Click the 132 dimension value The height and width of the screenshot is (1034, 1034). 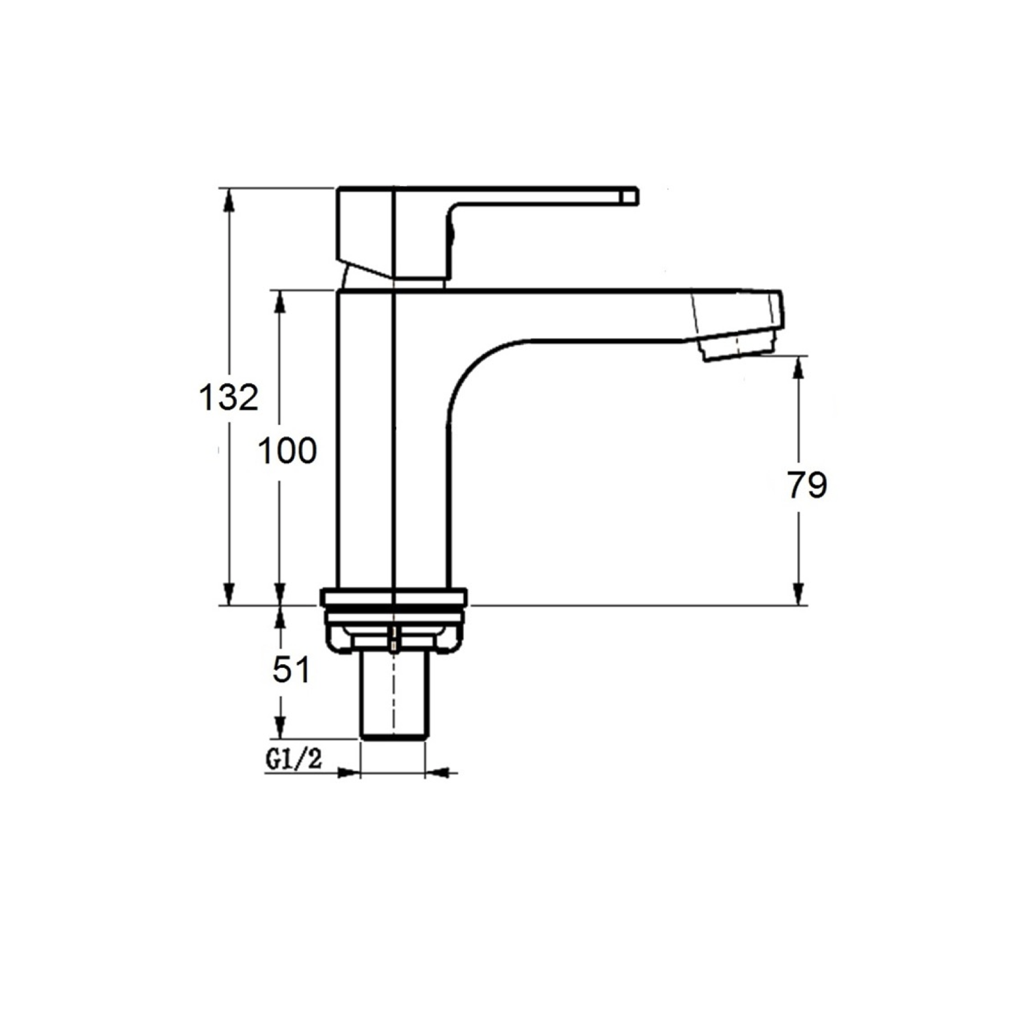[x=228, y=397]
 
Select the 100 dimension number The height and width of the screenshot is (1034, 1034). [x=287, y=451]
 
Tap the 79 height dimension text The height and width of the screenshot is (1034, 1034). [x=806, y=485]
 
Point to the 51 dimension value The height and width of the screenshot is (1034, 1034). [x=291, y=670]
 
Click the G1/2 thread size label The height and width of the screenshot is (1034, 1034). [x=294, y=759]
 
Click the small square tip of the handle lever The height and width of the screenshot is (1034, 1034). [x=629, y=197]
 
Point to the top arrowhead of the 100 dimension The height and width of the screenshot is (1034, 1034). [x=279, y=302]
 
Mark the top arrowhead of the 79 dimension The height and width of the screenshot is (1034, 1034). [x=798, y=368]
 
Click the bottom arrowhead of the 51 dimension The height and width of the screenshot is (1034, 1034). [x=279, y=728]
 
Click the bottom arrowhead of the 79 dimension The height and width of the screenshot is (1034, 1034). [x=798, y=594]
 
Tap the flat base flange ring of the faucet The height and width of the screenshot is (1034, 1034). [x=393, y=597]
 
